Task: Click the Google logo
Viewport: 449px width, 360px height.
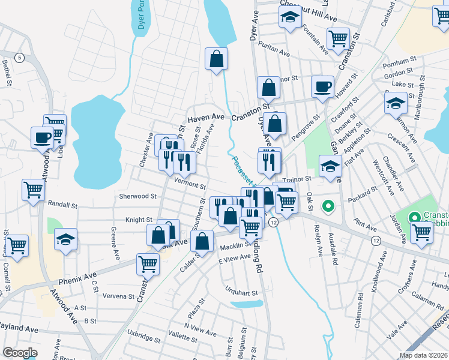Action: click(20, 353)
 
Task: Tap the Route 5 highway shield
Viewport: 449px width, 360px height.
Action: click(20, 58)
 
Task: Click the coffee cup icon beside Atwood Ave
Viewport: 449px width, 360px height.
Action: click(43, 137)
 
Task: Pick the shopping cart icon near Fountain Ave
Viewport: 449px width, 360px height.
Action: click(339, 39)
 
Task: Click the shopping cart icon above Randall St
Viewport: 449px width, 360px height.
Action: click(34, 190)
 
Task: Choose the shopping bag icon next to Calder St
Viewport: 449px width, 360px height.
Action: click(204, 241)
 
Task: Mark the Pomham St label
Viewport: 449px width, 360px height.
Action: click(400, 61)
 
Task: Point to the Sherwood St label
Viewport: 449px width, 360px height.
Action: click(137, 196)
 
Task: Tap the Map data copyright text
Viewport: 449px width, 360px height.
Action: click(424, 355)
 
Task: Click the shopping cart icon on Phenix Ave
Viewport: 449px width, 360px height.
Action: click(148, 263)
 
